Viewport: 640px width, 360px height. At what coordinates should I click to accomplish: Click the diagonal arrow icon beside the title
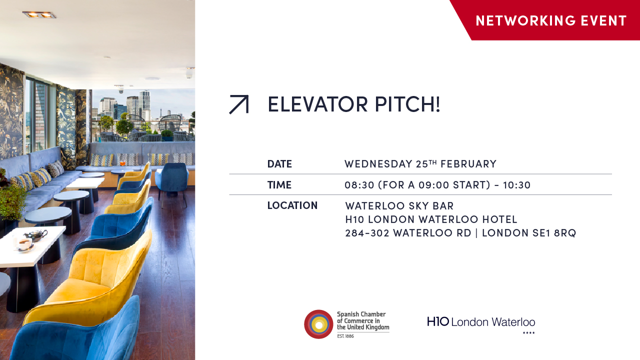pos(238,104)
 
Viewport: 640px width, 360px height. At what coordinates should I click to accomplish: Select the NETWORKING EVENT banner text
pos(551,20)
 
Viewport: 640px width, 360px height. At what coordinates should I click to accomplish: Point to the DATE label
pos(279,164)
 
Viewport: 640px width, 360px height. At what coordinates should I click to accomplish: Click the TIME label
pos(279,185)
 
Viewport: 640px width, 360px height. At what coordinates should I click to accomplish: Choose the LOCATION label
pos(292,205)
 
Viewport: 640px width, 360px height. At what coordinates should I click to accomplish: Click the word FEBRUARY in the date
pos(468,164)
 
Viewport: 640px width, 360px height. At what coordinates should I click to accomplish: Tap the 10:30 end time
pos(517,185)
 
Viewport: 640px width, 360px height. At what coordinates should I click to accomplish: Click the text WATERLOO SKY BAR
pos(399,206)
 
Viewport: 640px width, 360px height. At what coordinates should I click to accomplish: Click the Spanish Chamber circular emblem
pos(318,324)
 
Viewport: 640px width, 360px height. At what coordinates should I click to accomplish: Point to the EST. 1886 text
pos(345,336)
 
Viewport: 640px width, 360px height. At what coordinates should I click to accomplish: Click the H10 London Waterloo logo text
pos(481,322)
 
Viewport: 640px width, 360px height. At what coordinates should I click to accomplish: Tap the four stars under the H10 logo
pos(528,333)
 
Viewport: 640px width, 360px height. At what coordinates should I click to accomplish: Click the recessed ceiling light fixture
pos(39,14)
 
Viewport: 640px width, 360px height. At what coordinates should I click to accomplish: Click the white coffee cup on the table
pos(23,244)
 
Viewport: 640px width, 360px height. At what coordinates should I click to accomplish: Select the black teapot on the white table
pos(36,234)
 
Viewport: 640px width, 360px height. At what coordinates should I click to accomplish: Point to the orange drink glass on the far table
pos(122,163)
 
